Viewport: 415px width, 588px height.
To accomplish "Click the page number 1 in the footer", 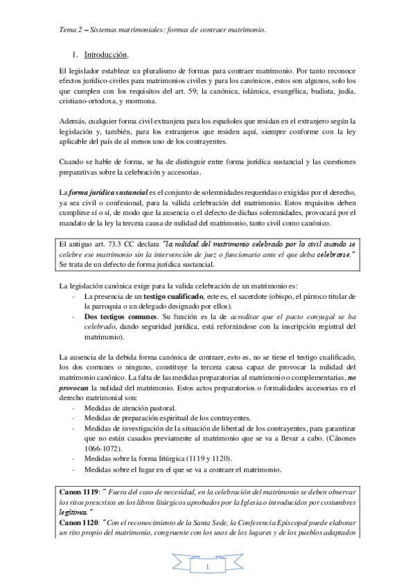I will (x=207, y=569).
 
